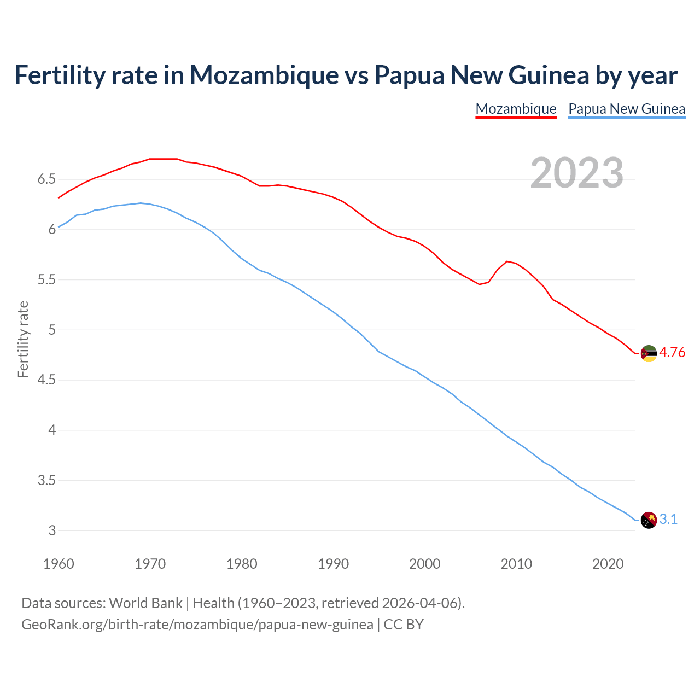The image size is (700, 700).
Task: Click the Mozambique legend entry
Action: (516, 109)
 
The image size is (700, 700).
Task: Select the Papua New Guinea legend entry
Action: (627, 109)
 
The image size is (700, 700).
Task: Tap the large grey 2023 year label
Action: (577, 173)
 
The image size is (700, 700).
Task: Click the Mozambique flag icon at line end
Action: (649, 353)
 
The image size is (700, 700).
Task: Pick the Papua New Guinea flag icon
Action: (649, 520)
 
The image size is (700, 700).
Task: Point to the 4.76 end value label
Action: (672, 353)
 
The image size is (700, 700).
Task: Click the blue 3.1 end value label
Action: (668, 520)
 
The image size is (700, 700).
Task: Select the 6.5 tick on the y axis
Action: (46, 179)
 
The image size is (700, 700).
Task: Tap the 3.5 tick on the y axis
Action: (46, 481)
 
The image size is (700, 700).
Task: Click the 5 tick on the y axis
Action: (52, 330)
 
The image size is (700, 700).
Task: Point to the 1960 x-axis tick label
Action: (59, 564)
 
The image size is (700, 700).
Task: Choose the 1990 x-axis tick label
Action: (333, 564)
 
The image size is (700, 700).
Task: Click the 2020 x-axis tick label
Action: (608, 564)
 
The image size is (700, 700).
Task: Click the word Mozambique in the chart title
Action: (264, 75)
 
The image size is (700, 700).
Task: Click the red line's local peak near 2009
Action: (507, 261)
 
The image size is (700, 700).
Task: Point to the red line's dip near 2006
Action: (480, 284)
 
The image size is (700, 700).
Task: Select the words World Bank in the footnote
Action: (145, 603)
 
